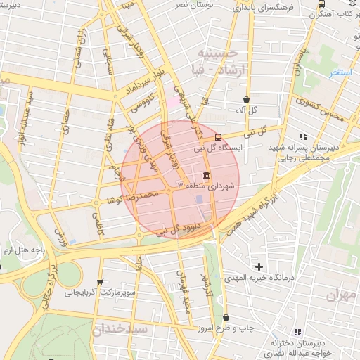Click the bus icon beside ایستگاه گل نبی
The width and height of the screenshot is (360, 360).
tap(219, 137)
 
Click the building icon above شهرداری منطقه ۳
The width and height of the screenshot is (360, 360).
tap(206, 174)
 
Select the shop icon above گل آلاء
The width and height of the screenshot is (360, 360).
tap(245, 100)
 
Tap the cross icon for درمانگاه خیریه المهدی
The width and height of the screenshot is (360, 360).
tap(259, 266)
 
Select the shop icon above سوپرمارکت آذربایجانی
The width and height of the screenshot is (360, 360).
tap(100, 281)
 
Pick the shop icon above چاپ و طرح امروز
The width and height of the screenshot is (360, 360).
tap(225, 318)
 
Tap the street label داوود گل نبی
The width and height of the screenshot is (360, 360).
tap(179, 229)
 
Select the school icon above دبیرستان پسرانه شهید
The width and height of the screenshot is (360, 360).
tap(303, 136)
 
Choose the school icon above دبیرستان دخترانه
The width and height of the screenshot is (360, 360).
tap(298, 331)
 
